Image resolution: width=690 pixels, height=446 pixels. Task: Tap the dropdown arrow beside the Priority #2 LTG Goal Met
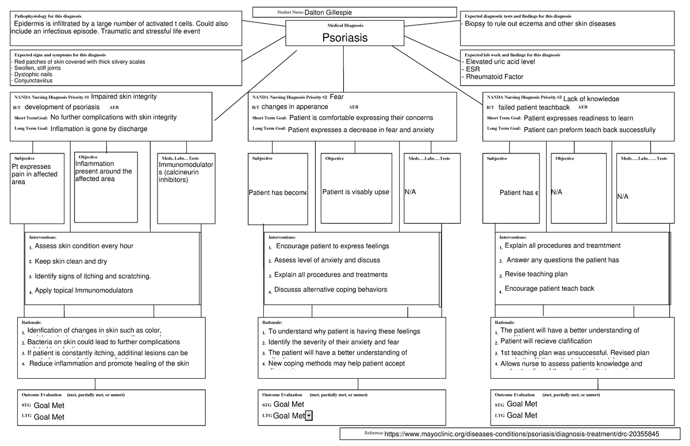point(309,416)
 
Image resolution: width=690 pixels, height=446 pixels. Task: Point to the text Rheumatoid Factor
point(494,77)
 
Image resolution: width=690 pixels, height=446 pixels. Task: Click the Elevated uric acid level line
point(500,61)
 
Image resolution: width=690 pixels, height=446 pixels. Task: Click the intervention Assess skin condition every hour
point(84,246)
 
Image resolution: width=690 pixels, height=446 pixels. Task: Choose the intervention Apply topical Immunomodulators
point(84,290)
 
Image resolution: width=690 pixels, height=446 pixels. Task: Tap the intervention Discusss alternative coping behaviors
point(331,289)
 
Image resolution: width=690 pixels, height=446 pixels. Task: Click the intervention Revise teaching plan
point(536,274)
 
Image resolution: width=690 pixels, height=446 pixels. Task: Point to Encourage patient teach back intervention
point(549,289)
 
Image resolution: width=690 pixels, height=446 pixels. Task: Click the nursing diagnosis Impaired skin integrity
point(124,97)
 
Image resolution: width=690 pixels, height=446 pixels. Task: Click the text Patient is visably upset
point(356,192)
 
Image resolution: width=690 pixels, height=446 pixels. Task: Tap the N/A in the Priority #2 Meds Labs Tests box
point(410,192)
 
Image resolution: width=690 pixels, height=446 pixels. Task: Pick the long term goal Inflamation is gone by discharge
point(99,129)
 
